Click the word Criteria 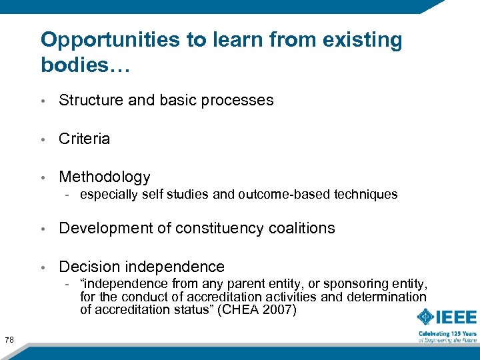pos(84,139)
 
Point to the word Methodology pos(105,177)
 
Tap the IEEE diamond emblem pos(427,317)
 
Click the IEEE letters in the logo pos(457,317)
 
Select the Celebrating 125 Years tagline pos(447,333)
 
